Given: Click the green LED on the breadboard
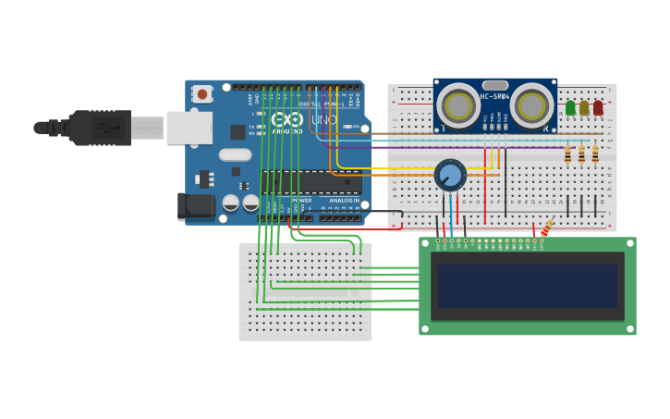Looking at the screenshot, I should (x=570, y=108).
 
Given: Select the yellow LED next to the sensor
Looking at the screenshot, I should (x=584, y=108).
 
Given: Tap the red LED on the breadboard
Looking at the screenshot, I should (x=598, y=108).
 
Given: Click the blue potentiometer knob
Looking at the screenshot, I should (x=450, y=175).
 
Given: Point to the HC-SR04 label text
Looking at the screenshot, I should (x=494, y=96).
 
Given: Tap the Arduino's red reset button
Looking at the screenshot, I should (x=201, y=93).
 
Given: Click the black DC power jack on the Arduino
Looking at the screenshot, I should (x=196, y=205).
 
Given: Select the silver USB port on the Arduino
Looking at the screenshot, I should (x=189, y=128).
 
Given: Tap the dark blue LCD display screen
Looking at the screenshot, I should (x=527, y=286).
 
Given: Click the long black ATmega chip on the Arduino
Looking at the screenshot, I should (x=311, y=182).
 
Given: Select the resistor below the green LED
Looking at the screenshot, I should (x=567, y=153).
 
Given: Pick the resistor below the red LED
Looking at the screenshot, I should (x=595, y=153).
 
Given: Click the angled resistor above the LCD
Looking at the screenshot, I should (x=547, y=227).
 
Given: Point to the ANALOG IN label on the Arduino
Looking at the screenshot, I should (x=344, y=200).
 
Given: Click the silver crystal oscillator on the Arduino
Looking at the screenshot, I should (x=235, y=155).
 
